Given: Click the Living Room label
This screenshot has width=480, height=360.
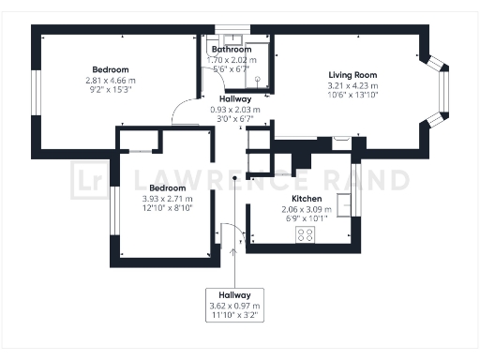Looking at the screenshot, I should pos(352,75).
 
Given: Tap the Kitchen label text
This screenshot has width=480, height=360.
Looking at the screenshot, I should pos(307,200).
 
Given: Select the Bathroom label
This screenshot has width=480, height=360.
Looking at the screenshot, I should pos(231,49).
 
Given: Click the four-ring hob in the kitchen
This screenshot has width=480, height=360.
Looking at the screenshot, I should pos(306,235).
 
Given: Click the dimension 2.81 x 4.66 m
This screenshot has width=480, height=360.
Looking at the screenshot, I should pos(110,81).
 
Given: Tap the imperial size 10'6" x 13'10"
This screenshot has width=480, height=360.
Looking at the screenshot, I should pos(352,96).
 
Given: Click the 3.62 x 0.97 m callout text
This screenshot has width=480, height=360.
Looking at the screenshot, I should pos(235,307).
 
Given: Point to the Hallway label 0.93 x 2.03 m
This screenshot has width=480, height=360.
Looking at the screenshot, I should pos(234,109).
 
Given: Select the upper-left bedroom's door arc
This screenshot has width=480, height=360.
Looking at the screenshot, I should pos(185,113).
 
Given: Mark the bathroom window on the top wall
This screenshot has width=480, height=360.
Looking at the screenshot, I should pos(230,28).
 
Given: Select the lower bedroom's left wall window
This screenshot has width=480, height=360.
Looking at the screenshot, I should pos(112,215).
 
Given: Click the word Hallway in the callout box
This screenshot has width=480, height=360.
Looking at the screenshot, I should pos(235,295).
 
